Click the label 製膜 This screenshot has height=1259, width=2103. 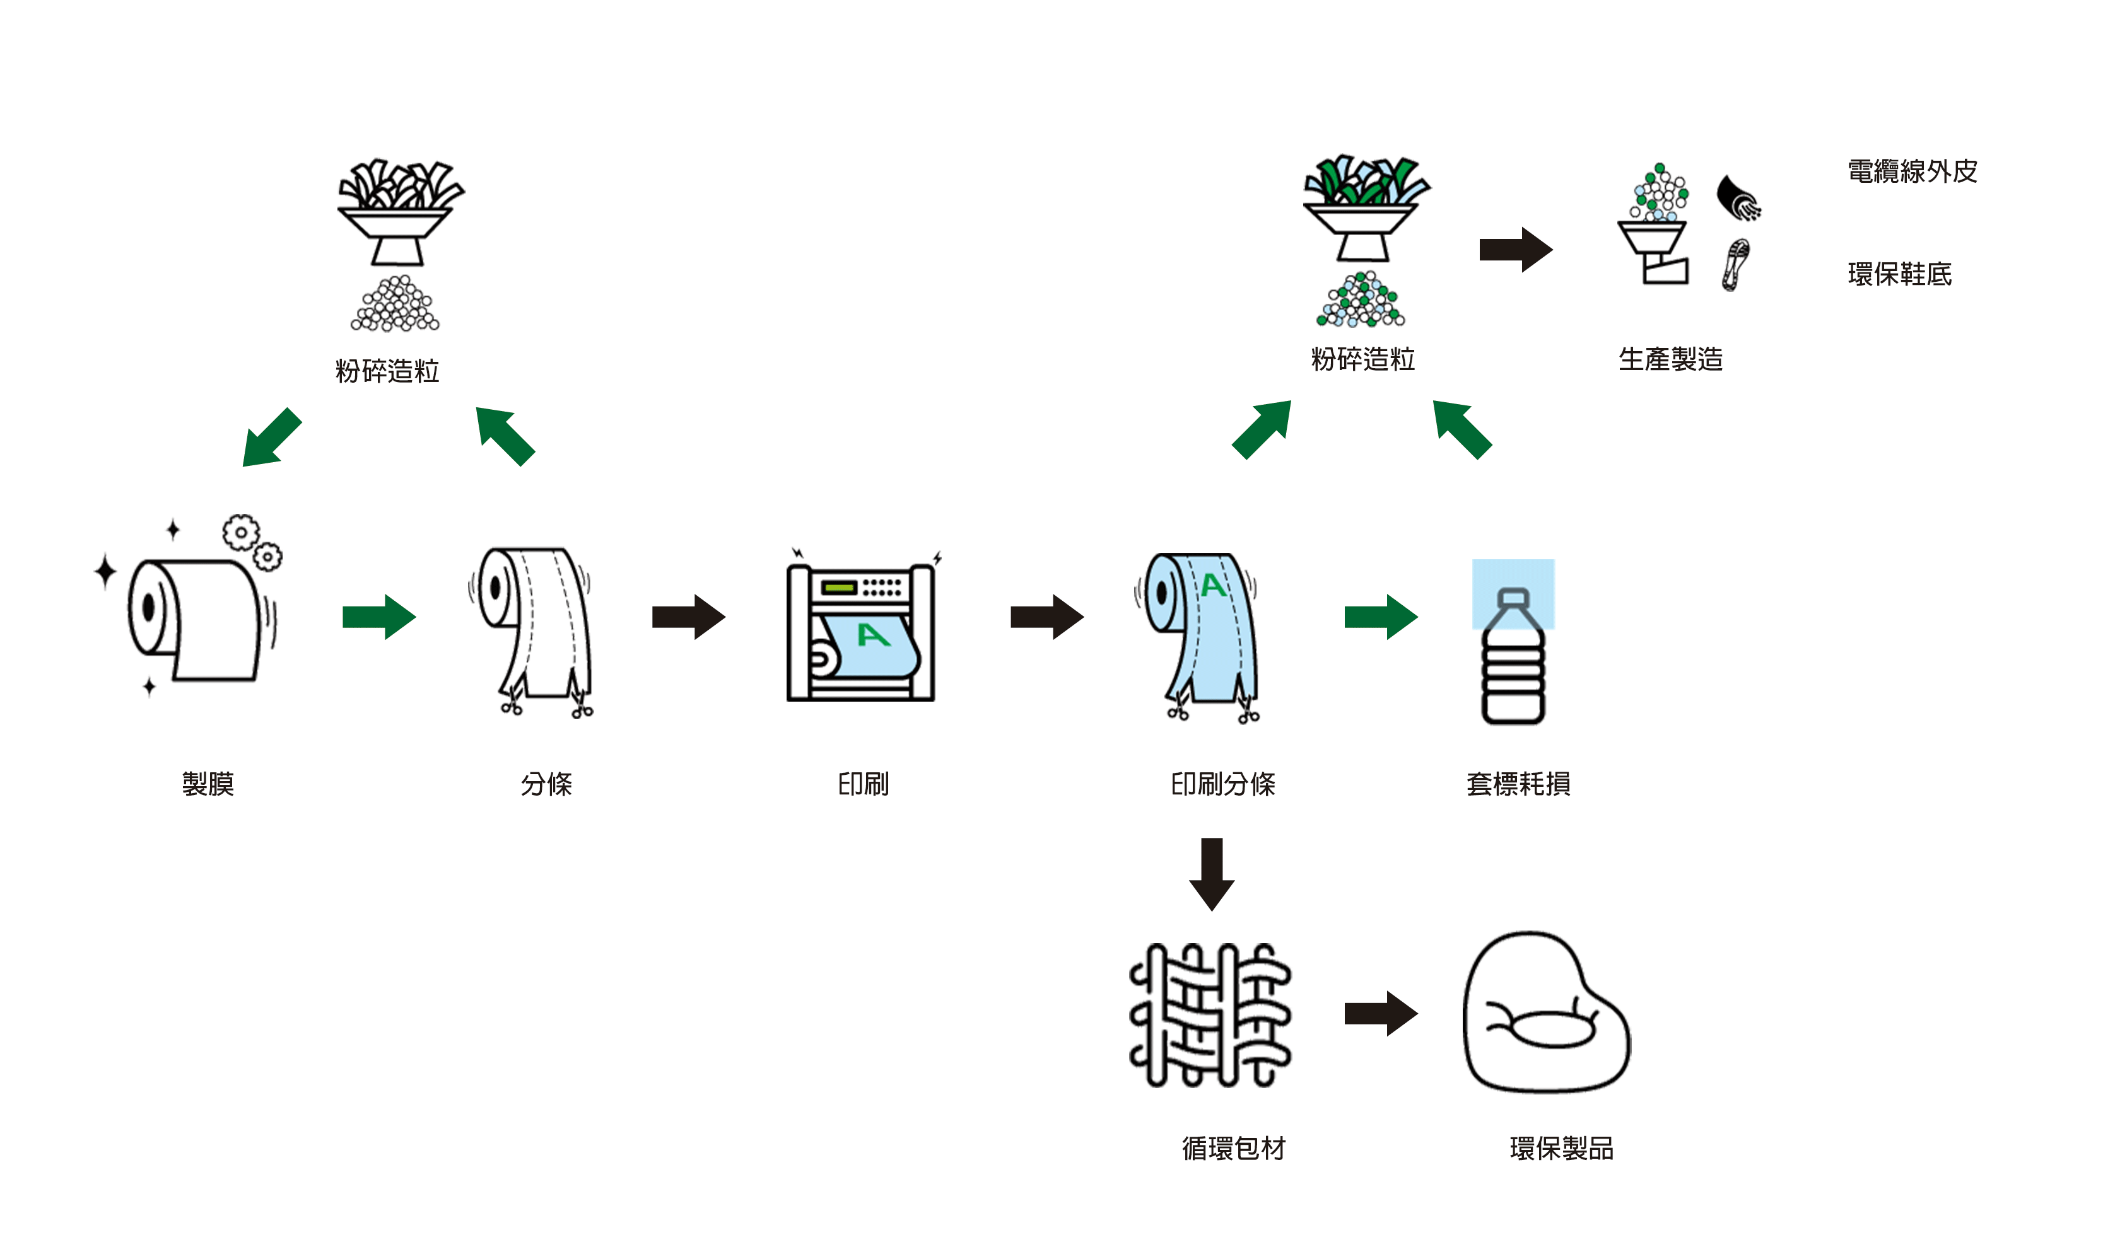tap(208, 783)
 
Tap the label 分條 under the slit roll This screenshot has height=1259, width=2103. tap(546, 783)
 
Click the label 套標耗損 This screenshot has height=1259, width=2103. tap(1518, 783)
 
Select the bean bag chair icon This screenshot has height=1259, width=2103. tap(1545, 1013)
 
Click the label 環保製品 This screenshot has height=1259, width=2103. tap(1562, 1148)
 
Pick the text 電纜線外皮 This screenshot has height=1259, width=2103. tap(1912, 171)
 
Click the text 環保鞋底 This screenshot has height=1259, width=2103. tap(1899, 274)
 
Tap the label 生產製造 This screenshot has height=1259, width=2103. tap(1670, 359)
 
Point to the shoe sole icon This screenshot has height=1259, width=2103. tap(1735, 265)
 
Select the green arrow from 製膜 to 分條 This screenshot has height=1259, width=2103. tap(378, 617)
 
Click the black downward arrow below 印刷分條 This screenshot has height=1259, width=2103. tap(1212, 874)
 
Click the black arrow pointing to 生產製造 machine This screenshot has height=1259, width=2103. tap(1516, 250)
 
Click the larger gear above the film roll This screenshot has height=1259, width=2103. tap(241, 533)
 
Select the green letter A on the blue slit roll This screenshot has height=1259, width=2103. tap(1213, 586)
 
